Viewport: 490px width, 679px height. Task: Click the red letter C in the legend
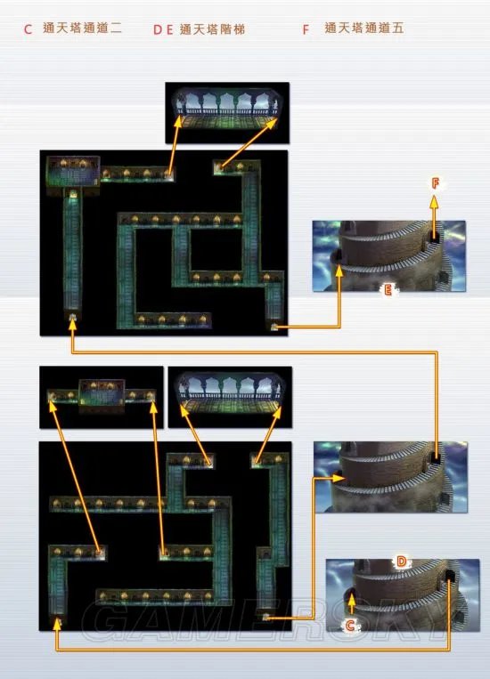coord(28,29)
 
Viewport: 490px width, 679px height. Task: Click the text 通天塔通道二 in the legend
coord(82,28)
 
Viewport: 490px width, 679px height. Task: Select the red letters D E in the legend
coord(163,30)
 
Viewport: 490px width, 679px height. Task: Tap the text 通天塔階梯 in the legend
coord(212,29)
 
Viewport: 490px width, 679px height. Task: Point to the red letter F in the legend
coord(306,29)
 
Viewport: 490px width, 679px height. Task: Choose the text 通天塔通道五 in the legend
coord(364,28)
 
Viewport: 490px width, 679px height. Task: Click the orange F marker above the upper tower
coord(436,183)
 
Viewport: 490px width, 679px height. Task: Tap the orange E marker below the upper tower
coord(388,290)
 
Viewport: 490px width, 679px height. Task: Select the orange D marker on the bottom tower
coord(402,562)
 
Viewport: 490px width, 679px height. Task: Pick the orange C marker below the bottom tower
coord(350,625)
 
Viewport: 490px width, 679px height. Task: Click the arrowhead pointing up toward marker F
coord(434,201)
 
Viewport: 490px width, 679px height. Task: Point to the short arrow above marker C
coord(352,603)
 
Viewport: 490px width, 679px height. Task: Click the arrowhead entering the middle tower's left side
coord(339,478)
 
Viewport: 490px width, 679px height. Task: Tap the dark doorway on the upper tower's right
coord(434,237)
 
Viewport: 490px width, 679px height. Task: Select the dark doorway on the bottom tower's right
coord(450,577)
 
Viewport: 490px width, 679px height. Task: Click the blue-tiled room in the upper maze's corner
coord(73,172)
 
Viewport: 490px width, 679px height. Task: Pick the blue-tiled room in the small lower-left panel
coord(102,394)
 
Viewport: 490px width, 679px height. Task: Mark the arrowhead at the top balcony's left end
coord(178,121)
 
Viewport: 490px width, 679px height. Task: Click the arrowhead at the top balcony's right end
coord(273,123)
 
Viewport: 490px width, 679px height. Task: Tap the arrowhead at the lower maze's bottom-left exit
coord(56,624)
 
